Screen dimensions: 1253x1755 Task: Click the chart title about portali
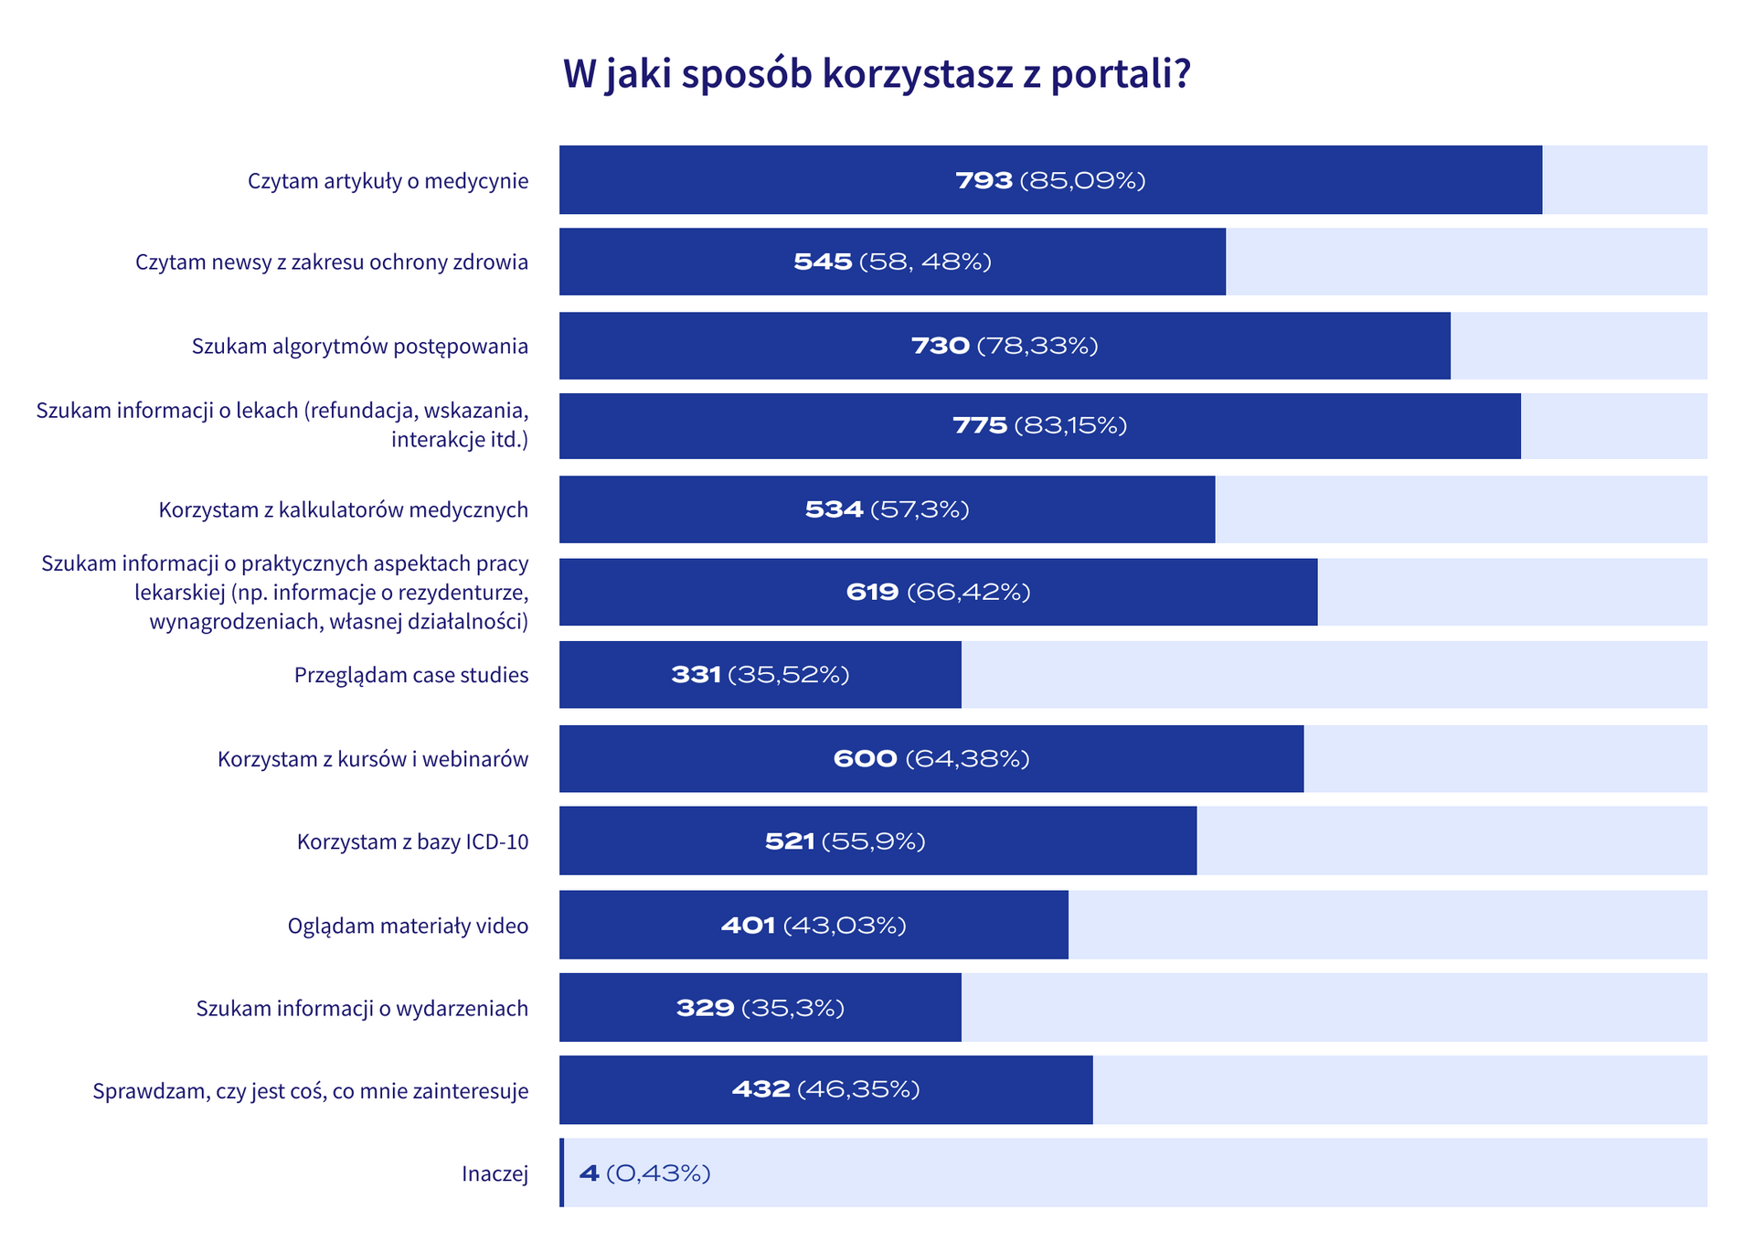[877, 74]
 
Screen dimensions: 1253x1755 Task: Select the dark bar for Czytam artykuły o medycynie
[777, 180]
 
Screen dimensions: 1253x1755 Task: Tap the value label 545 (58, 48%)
[892, 262]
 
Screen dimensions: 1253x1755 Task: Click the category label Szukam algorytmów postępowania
[360, 347]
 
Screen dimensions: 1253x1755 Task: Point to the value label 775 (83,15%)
[1039, 426]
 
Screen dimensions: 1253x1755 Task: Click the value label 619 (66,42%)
[938, 593]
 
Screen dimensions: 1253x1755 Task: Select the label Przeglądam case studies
[411, 676]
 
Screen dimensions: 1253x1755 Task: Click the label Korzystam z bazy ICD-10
[412, 842]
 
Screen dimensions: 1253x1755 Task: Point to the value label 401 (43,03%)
[814, 926]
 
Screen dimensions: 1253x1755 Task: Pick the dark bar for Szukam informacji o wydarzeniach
[622, 1008]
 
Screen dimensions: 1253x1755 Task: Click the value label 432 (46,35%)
[825, 1090]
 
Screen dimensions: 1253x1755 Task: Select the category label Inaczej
[495, 1174]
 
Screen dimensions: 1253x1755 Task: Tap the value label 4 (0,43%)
[644, 1173]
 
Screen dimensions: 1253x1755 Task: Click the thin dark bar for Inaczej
[561, 1173]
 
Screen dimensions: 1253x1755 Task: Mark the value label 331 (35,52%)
[760, 676]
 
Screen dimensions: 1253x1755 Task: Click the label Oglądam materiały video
[408, 926]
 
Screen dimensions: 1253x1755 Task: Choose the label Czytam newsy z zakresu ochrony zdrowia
[332, 262]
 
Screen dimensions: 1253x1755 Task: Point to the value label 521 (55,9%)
[845, 841]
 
